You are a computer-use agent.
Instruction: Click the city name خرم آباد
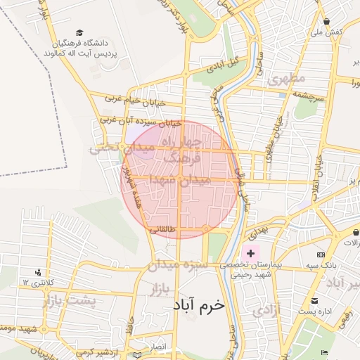[x=199, y=306]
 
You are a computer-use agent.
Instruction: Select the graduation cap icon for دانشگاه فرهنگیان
[x=79, y=32]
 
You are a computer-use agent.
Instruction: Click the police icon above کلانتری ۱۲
[x=38, y=271]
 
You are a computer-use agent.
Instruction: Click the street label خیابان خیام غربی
[x=135, y=102]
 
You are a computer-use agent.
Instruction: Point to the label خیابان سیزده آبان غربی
[x=140, y=121]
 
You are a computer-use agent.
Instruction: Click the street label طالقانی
[x=163, y=229]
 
